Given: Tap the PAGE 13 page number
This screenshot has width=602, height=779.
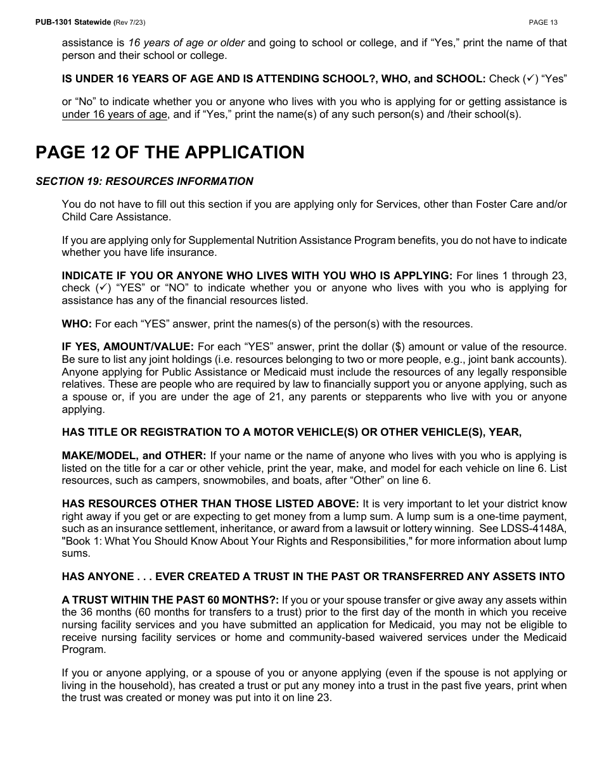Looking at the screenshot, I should coord(543,22).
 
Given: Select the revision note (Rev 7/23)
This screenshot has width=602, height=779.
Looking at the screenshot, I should coord(129,22).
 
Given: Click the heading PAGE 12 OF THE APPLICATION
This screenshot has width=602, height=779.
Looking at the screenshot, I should coord(170,153).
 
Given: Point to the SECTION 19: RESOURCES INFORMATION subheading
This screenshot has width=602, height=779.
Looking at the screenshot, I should coord(144,181).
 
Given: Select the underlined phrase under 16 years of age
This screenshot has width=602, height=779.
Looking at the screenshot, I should coord(115,115).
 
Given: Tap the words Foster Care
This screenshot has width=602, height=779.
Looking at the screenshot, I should coord(496,204).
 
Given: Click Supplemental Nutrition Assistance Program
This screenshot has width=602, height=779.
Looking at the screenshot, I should coord(285,240).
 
